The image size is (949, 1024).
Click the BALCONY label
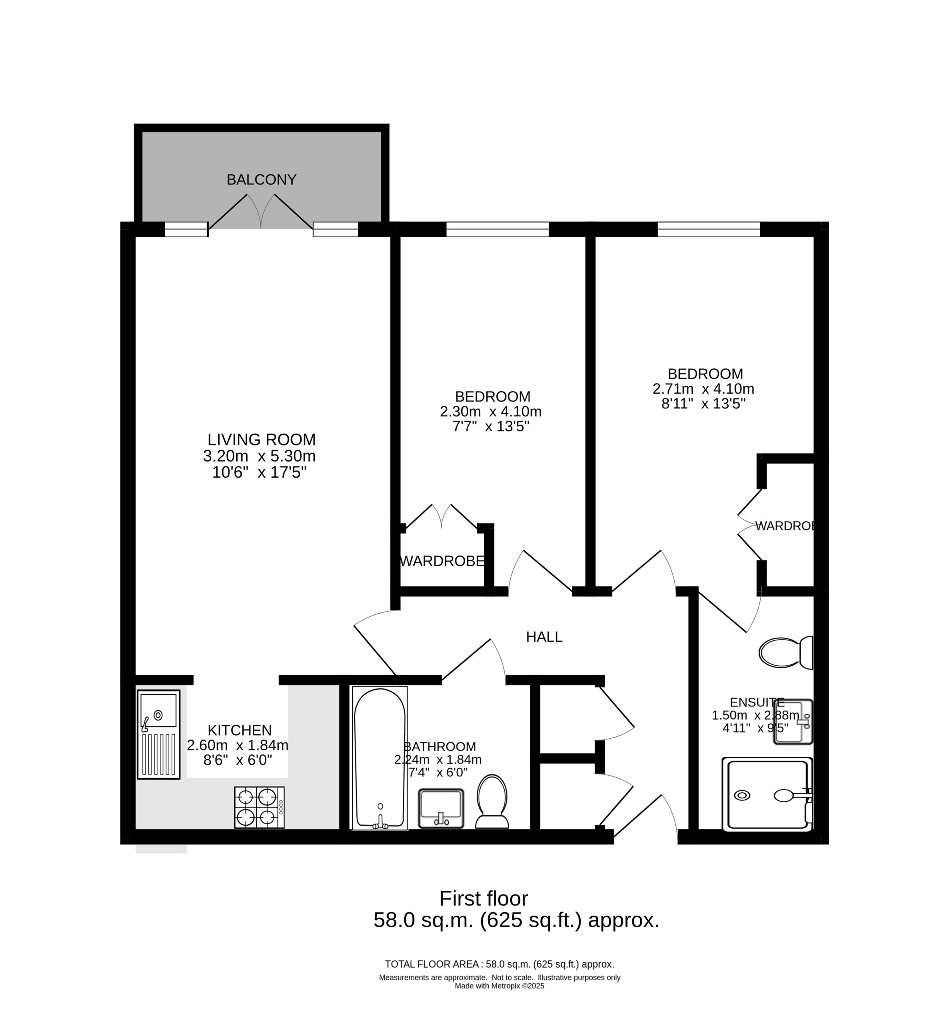click(x=262, y=180)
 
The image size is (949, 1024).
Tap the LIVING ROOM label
click(x=262, y=440)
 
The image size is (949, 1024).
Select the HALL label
click(x=544, y=637)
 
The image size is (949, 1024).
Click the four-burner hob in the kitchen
click(x=259, y=807)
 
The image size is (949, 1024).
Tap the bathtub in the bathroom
click(x=380, y=758)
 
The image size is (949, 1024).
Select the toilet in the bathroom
click(x=492, y=801)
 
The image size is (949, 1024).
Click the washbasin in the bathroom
click(x=441, y=808)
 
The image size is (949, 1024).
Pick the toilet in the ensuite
click(x=786, y=653)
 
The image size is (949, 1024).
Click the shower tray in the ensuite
click(x=767, y=794)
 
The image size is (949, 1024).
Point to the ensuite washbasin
click(x=793, y=722)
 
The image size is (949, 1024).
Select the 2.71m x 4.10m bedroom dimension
click(x=703, y=389)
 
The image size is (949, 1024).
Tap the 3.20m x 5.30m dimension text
click(x=259, y=456)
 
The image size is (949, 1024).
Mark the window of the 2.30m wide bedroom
click(x=497, y=229)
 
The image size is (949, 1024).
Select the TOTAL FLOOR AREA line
click(x=499, y=964)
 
